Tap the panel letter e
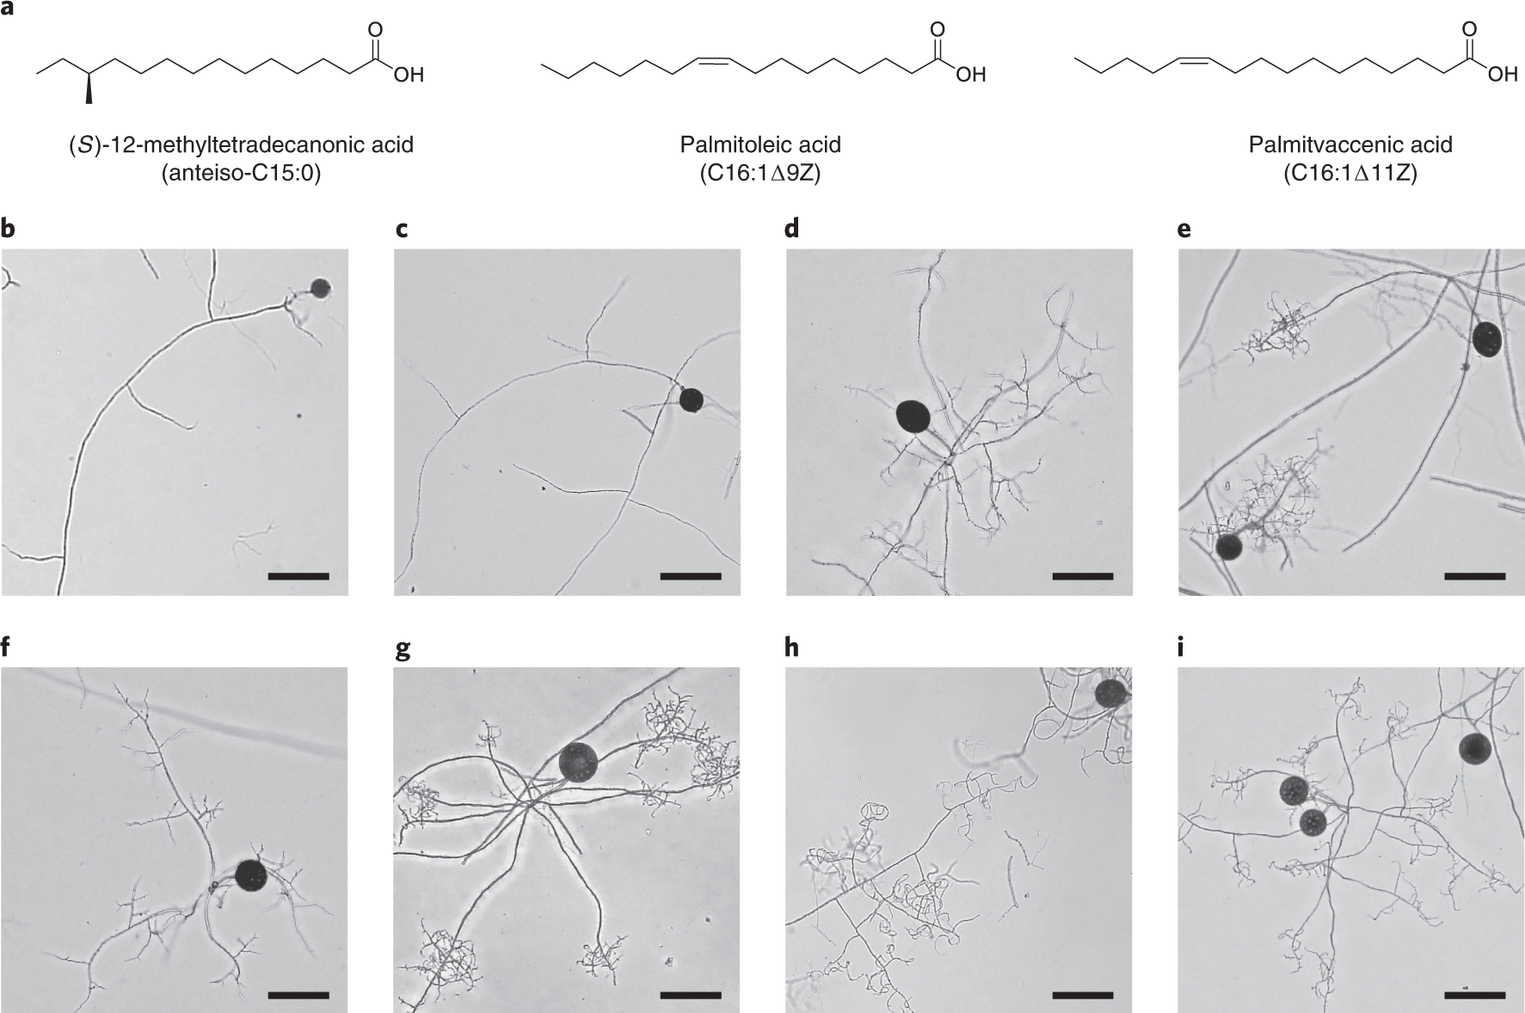point(1185,230)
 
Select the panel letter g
point(402,649)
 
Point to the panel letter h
point(792,648)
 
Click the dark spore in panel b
point(320,288)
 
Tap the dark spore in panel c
point(691,400)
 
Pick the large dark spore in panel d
point(913,416)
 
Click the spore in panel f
point(251,875)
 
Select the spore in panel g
point(577,761)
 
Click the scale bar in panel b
point(298,576)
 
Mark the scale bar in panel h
point(1082,996)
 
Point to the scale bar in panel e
point(1474,576)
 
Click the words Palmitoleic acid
point(760,144)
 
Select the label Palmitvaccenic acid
point(1350,144)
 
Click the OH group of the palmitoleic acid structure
point(970,76)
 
